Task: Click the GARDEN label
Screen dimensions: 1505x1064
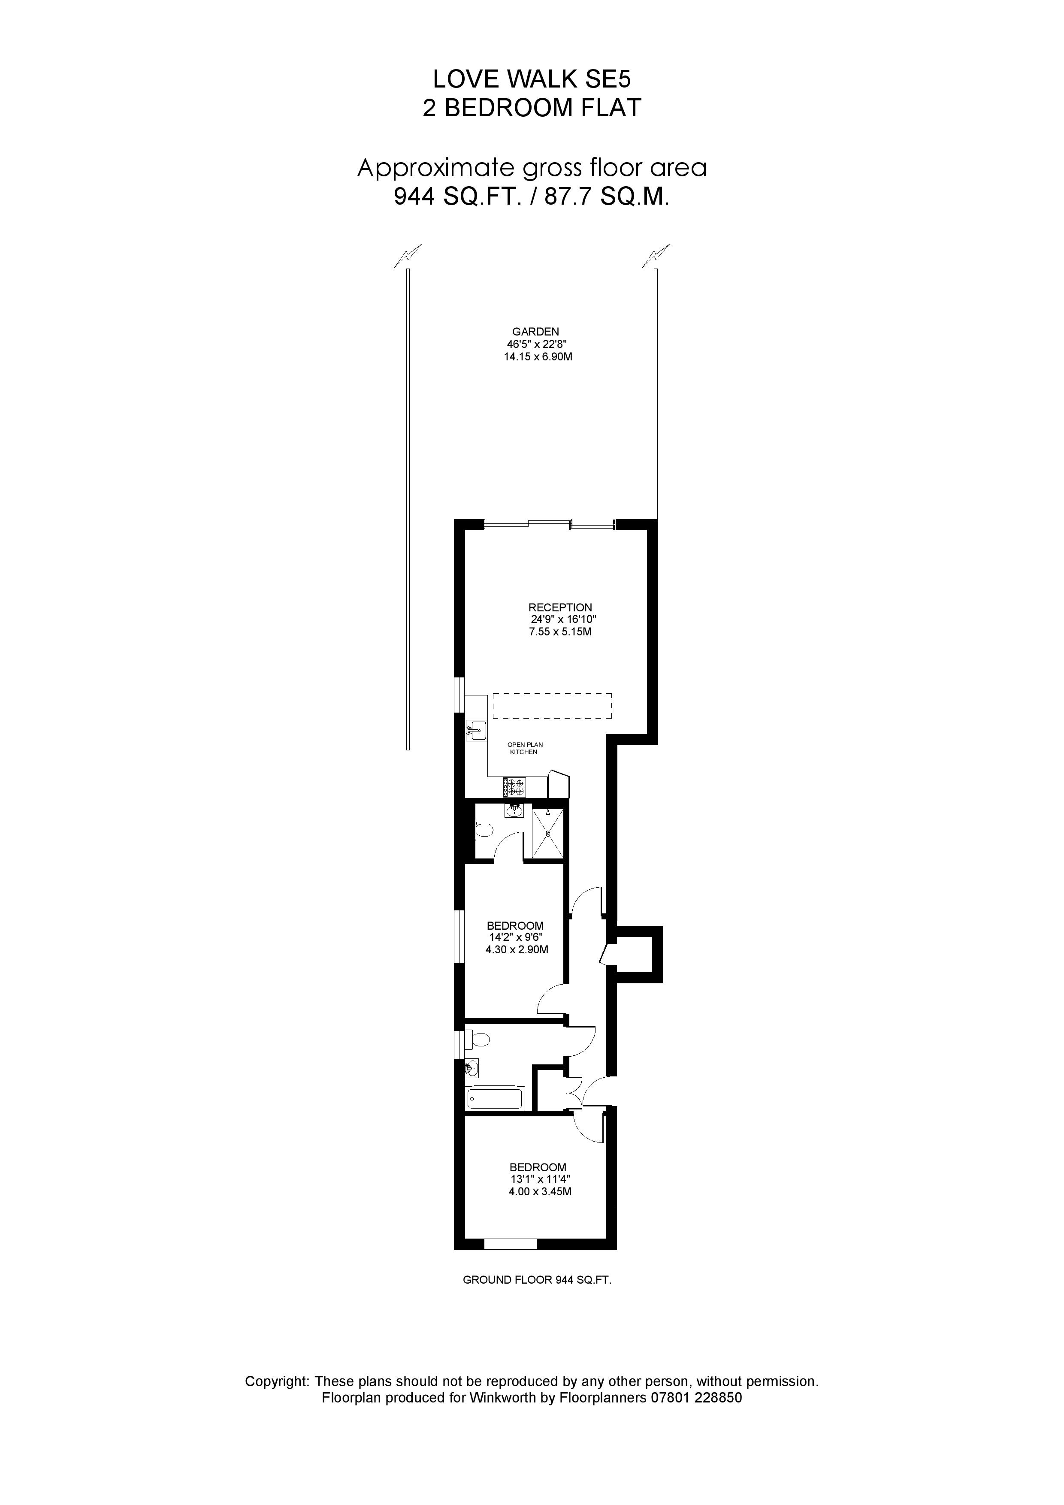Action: (x=535, y=332)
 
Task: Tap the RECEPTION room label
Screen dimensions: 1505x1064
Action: (x=560, y=607)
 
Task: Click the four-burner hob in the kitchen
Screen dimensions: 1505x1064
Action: (x=514, y=786)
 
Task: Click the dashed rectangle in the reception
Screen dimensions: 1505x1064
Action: (x=552, y=706)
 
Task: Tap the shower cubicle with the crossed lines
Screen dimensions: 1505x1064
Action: (x=547, y=833)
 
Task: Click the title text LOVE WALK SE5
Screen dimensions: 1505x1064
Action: (x=532, y=79)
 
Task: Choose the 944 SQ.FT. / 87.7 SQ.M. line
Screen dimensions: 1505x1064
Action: (x=532, y=196)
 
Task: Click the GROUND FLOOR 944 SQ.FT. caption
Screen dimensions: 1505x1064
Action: (x=537, y=1279)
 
